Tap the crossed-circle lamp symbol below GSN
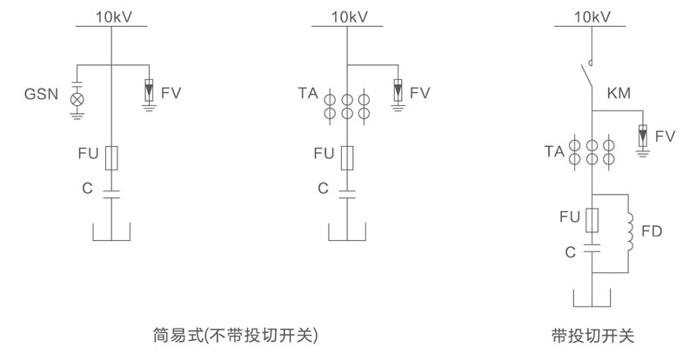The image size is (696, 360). (77, 100)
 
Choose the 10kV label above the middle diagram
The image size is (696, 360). (349, 16)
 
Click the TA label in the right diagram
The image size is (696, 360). (555, 152)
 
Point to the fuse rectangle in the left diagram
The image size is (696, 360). (111, 157)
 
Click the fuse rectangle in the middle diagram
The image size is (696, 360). (347, 157)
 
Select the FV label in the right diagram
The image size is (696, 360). (666, 136)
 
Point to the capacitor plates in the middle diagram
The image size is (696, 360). (347, 193)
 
